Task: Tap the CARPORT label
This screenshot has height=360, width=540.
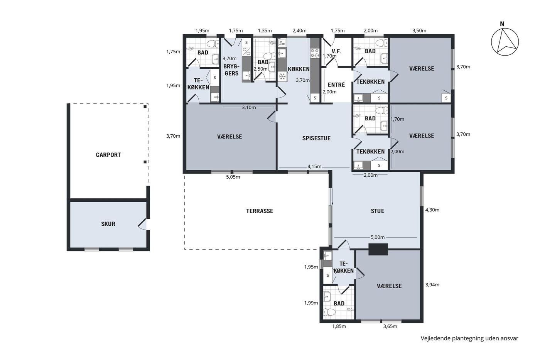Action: [108, 155]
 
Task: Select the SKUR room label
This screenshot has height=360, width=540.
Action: [108, 224]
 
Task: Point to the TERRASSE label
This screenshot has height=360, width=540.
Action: [260, 211]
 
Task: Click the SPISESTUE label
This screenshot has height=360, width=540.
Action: [316, 138]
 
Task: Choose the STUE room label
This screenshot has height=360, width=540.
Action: [378, 211]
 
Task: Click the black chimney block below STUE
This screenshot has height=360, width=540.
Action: [378, 249]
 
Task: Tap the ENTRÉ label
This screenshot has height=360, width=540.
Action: [336, 85]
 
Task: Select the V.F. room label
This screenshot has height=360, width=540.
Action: [336, 51]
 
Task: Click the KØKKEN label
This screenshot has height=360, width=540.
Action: [299, 69]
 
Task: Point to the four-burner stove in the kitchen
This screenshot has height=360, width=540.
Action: [315, 53]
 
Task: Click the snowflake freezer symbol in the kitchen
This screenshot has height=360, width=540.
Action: [282, 77]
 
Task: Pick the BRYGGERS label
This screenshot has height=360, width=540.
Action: [231, 70]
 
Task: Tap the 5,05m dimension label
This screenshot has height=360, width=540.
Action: [233, 177]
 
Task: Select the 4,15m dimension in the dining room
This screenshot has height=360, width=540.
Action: [314, 167]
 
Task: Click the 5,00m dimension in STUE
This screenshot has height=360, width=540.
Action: [378, 237]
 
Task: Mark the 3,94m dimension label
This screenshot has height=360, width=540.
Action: [432, 285]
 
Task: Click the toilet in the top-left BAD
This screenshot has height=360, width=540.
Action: [213, 44]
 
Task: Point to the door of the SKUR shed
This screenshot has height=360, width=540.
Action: [143, 225]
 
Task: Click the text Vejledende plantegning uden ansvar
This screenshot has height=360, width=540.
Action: [469, 338]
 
